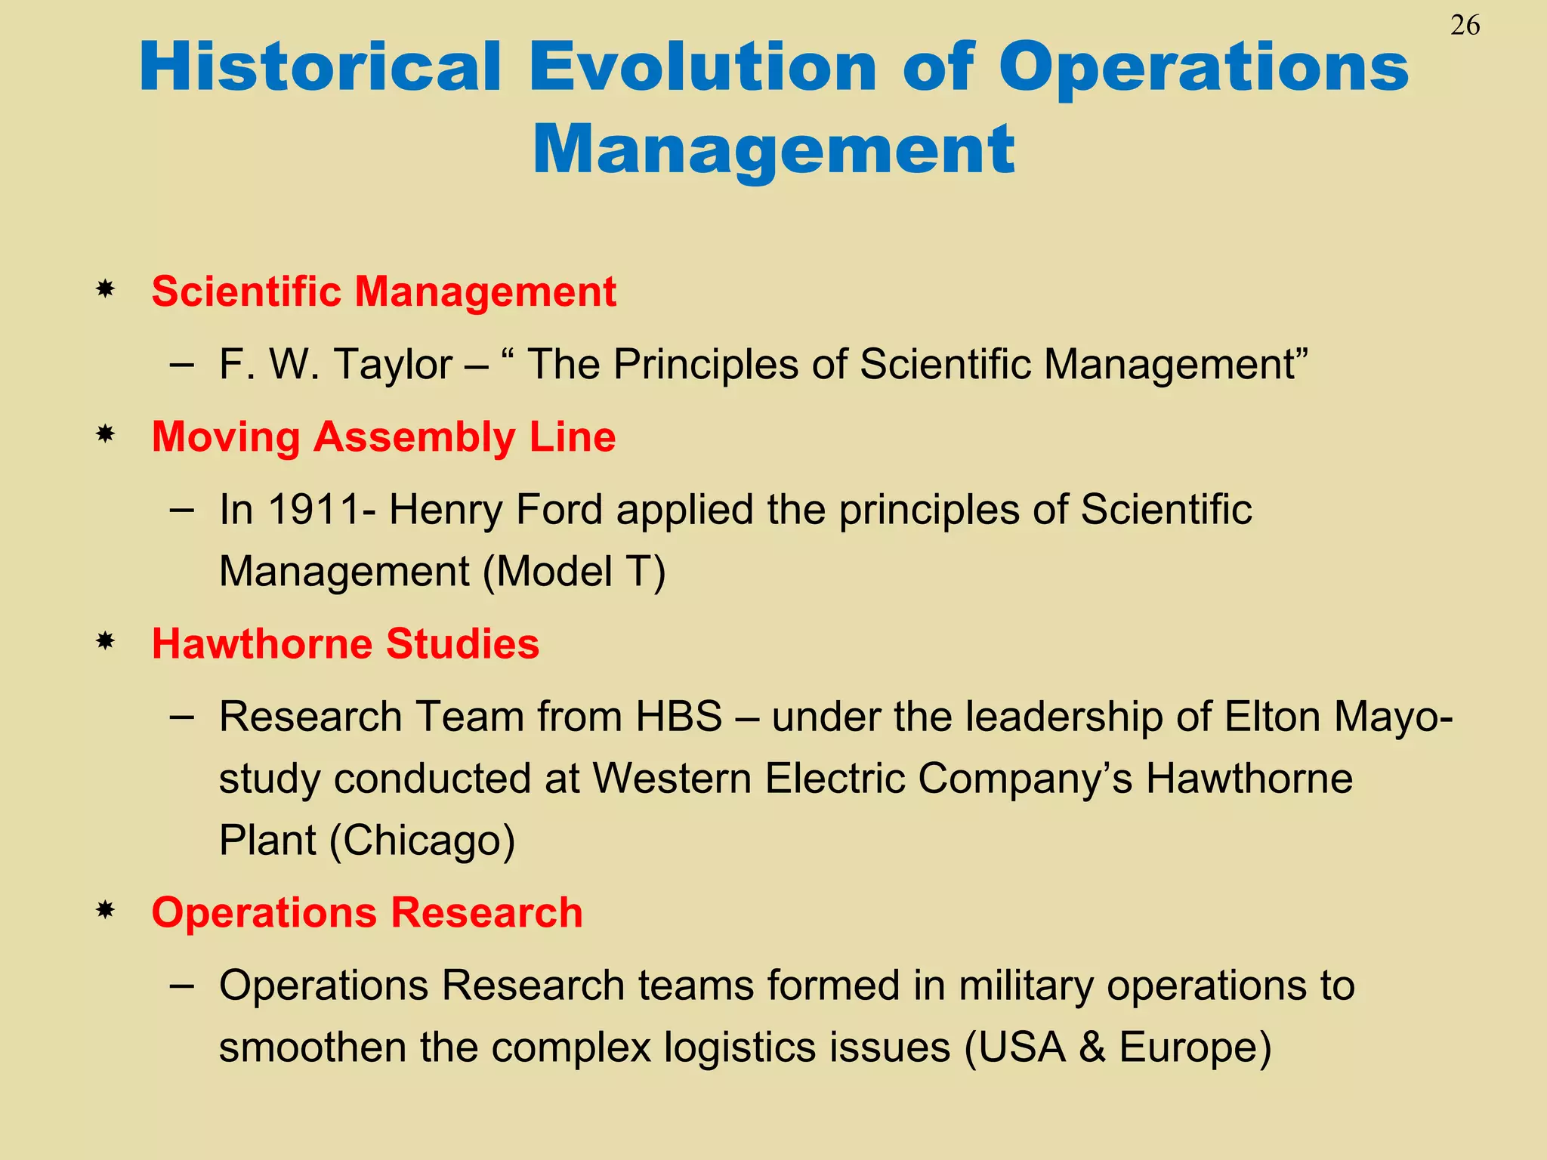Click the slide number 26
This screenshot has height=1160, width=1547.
1465,26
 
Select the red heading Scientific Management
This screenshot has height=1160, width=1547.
384,292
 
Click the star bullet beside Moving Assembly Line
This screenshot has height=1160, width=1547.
105,434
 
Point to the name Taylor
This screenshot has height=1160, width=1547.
392,365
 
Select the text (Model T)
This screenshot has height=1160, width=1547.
574,572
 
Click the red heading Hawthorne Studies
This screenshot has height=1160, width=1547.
345,644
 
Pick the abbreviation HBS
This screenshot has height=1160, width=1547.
678,717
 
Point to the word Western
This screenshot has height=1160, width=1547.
672,779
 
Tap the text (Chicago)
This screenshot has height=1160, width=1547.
422,841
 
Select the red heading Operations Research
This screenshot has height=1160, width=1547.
367,912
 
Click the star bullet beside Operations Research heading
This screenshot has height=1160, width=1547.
105,910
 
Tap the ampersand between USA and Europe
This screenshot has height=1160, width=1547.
1092,1048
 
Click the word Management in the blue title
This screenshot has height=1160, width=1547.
773,150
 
